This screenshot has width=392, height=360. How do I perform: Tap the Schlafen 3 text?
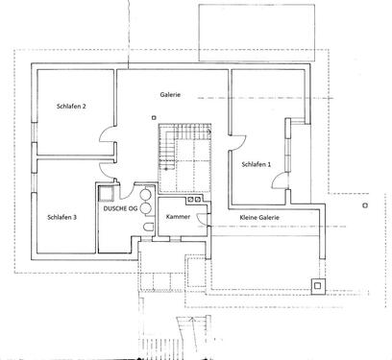[61, 217]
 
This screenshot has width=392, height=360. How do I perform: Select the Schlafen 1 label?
[256, 165]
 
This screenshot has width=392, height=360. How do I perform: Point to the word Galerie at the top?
[171, 96]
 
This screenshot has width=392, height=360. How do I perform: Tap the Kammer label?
[177, 218]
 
